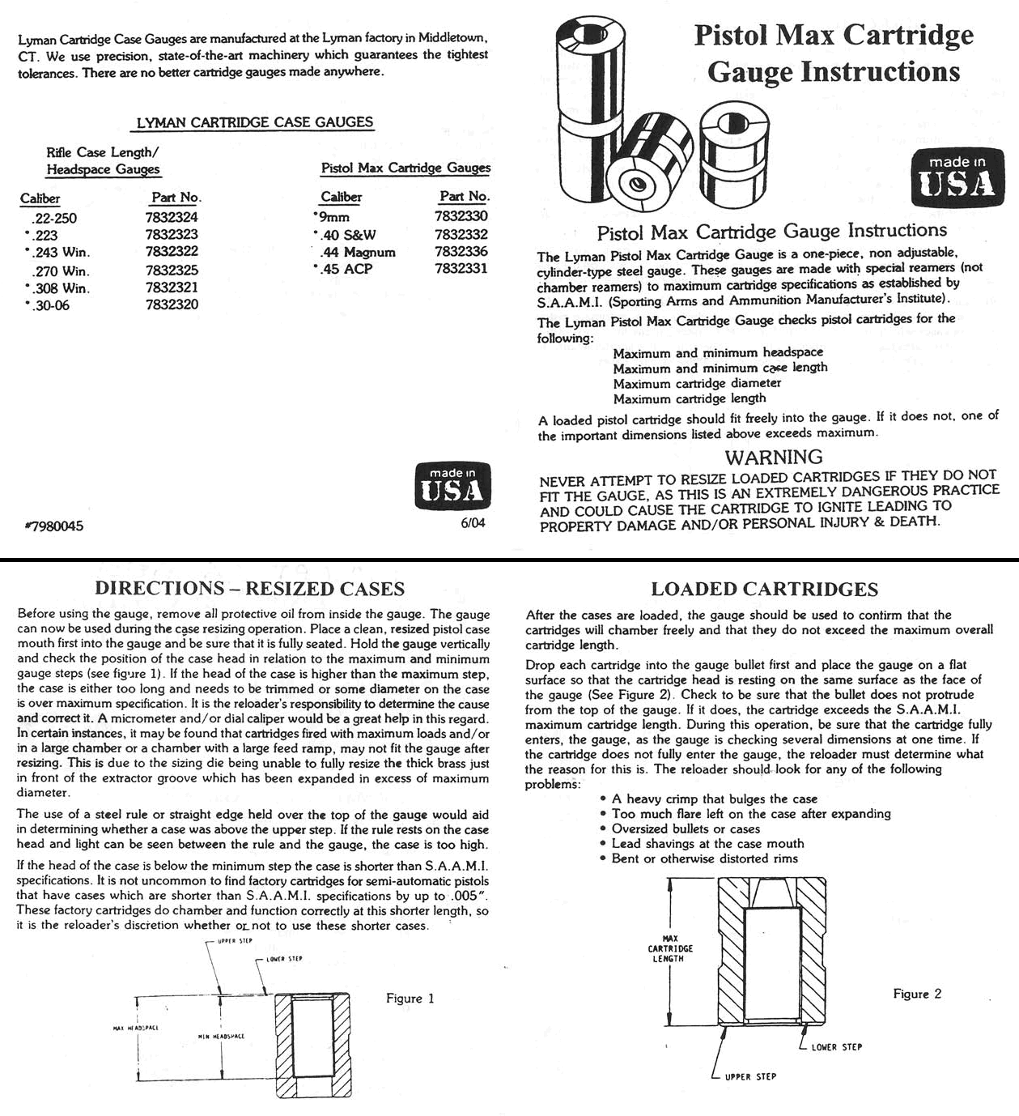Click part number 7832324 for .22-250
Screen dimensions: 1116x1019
coord(172,217)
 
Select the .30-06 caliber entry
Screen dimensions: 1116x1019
coord(51,305)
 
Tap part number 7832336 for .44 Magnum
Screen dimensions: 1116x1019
coord(461,251)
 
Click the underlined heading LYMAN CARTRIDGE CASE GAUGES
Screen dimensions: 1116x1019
coord(255,122)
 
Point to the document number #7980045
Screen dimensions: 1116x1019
coord(54,526)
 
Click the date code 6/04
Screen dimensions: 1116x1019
coord(473,523)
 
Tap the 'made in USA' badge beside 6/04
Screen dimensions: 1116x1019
coord(452,485)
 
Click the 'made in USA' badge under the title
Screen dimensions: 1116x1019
coord(957,177)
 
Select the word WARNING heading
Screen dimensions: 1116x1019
coord(774,457)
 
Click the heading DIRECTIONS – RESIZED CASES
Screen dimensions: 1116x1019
coord(249,589)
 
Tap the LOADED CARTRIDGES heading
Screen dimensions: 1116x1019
coord(764,590)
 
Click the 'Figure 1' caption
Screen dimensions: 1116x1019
coord(410,999)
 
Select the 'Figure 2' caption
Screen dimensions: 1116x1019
coord(917,994)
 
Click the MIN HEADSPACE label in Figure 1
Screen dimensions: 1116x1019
coord(221,1037)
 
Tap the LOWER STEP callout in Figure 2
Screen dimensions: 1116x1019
coord(836,1047)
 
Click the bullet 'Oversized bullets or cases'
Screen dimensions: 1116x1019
coord(686,828)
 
